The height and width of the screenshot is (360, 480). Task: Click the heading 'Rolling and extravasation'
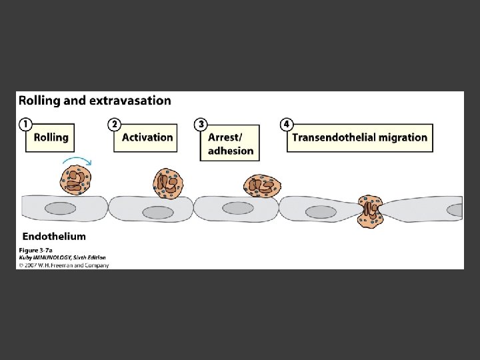(x=95, y=101)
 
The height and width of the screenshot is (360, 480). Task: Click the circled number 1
(x=24, y=124)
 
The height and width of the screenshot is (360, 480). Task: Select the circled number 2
(x=114, y=124)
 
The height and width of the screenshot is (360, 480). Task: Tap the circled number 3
(x=200, y=124)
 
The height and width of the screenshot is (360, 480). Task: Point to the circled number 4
(x=286, y=124)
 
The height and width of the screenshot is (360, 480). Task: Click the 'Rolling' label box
(x=51, y=137)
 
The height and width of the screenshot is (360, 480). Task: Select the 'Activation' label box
(x=147, y=137)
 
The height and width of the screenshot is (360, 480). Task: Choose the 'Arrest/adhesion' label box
(x=231, y=143)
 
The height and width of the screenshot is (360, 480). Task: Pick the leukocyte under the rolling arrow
(x=75, y=180)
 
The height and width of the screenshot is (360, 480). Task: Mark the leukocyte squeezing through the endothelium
(x=370, y=211)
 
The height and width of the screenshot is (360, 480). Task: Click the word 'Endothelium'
(x=54, y=236)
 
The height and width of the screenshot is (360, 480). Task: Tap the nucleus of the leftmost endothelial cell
(x=60, y=208)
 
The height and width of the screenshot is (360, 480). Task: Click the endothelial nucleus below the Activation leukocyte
(x=158, y=212)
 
